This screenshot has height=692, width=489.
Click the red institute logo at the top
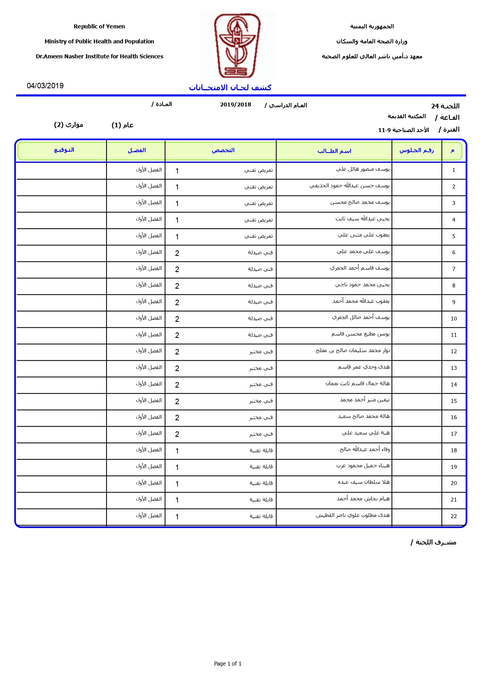pos(237,45)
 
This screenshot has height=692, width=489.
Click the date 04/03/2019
pos(45,86)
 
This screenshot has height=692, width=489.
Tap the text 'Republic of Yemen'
pos(99,26)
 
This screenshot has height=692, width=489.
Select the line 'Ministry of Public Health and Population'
pos(99,41)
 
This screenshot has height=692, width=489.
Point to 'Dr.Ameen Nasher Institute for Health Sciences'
pos(99,56)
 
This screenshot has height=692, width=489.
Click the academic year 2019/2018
pos(235,105)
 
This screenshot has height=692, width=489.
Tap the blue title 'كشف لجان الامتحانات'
pos(230,88)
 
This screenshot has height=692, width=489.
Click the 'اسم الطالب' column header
pos(334,151)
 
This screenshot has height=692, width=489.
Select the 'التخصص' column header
pos(223,150)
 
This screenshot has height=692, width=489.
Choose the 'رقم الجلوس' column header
pos(416,150)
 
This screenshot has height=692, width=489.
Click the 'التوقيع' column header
pos(64,150)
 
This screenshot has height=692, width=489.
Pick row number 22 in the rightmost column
pos(454,516)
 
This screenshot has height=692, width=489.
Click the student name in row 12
pos(353,351)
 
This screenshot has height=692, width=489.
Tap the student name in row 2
pos(349,186)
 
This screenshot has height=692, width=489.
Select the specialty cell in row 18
pos(261,450)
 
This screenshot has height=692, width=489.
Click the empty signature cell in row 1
pos(61,170)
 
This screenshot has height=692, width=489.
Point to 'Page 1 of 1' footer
pos(228,664)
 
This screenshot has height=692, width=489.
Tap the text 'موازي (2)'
pos(69,125)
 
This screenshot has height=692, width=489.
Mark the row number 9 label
pos(454,302)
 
